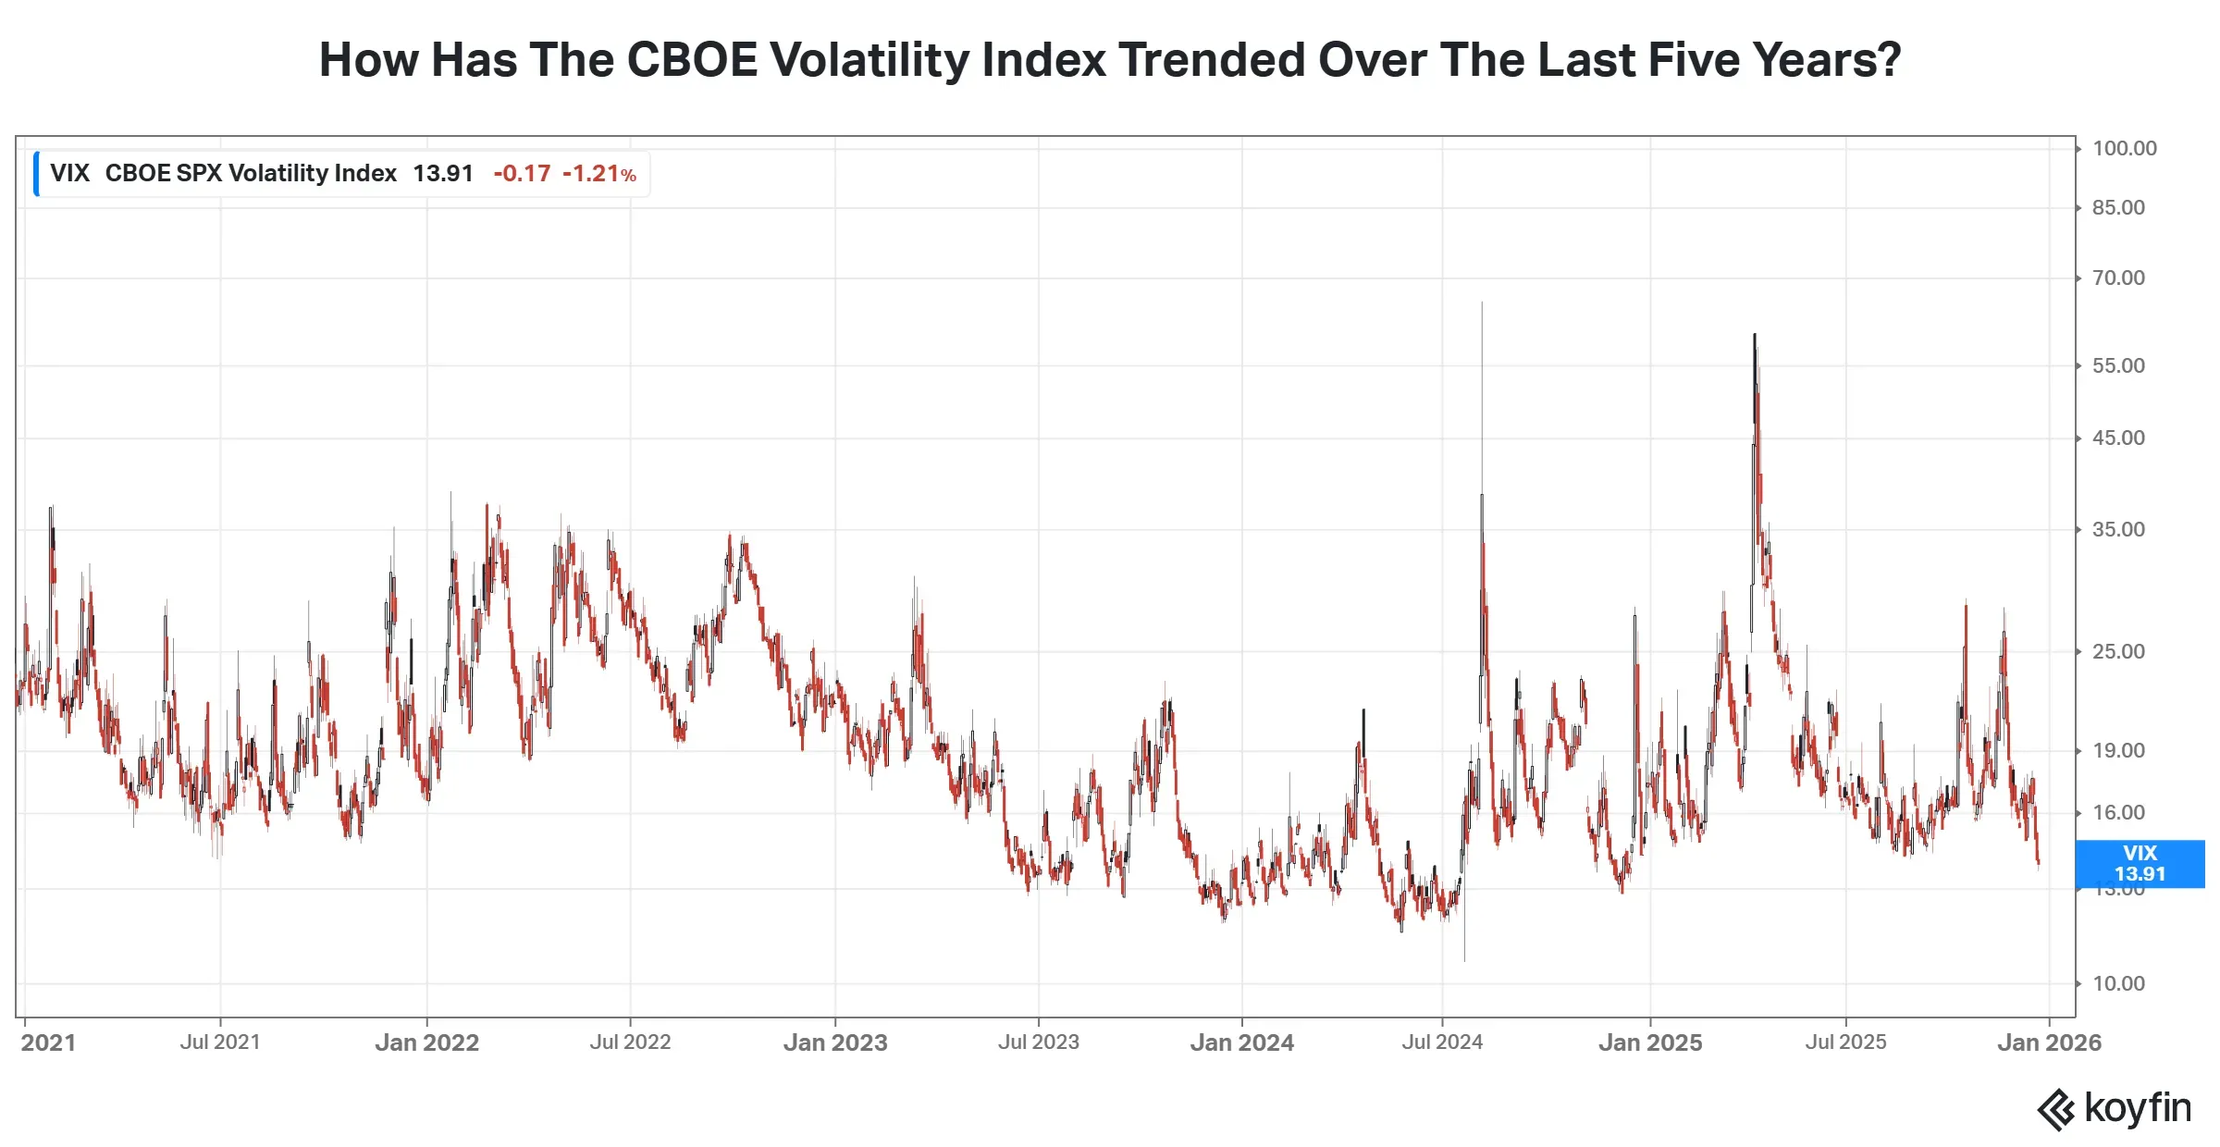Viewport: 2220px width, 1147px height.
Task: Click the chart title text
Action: (x=1110, y=60)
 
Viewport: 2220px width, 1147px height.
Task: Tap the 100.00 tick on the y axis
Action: (x=2124, y=149)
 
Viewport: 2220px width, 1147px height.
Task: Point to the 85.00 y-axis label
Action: (x=2118, y=208)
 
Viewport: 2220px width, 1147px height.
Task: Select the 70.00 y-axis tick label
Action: (x=2118, y=278)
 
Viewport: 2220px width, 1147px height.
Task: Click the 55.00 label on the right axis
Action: (x=2118, y=366)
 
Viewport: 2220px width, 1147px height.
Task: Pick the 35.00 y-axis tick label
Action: (x=2118, y=530)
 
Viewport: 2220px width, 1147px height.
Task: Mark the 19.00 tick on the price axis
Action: (x=2118, y=751)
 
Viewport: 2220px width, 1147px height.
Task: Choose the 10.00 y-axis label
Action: (x=2118, y=984)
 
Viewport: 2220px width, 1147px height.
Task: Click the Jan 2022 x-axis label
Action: (x=426, y=1043)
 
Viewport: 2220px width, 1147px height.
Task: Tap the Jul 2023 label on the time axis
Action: (x=1038, y=1042)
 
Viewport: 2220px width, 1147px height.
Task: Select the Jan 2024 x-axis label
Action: (x=1241, y=1043)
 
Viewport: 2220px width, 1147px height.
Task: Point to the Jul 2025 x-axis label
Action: (x=1845, y=1042)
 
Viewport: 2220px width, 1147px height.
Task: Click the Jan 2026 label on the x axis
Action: (x=2049, y=1043)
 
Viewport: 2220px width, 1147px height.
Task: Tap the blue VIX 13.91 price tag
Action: (x=2140, y=864)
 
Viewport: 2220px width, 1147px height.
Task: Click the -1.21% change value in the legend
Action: (x=599, y=174)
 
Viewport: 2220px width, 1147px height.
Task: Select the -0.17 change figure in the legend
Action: (x=522, y=174)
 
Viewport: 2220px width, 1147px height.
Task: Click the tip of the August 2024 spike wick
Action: (x=1482, y=302)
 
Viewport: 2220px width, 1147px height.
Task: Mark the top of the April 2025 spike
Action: (x=1755, y=335)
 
